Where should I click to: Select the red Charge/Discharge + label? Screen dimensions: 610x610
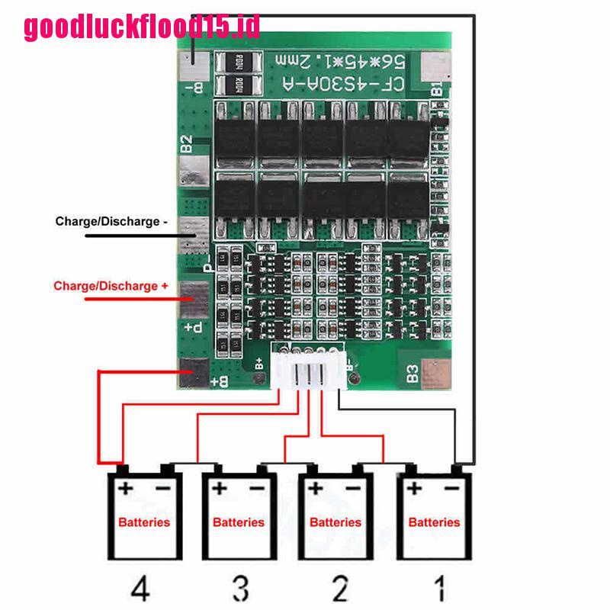pos(111,287)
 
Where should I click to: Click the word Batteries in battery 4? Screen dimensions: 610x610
pos(144,522)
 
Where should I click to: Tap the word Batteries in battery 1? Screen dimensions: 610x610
pos(435,522)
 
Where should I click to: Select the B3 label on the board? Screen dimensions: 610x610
pos(413,374)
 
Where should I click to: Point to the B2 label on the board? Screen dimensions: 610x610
pos(188,144)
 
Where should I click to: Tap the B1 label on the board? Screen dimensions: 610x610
pos(437,88)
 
